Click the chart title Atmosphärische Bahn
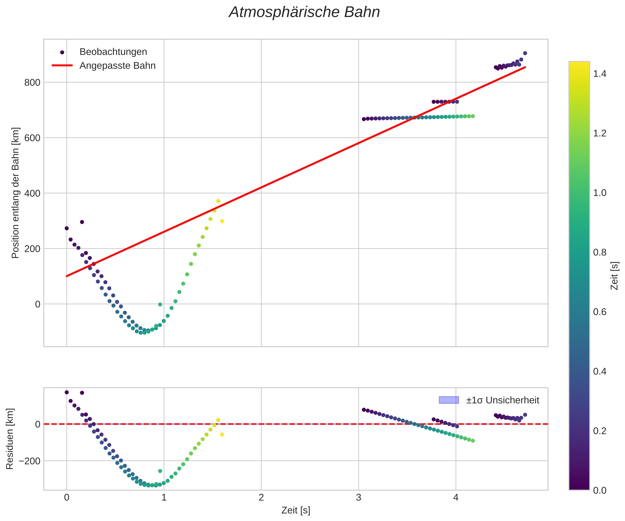304,13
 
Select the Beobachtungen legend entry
113,52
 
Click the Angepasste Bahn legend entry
117,66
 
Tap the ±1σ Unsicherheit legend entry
502,400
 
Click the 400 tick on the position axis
32,193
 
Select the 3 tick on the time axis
359,498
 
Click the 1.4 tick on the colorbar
599,74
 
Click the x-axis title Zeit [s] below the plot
296,510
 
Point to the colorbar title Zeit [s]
615,276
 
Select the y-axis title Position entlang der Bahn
16,193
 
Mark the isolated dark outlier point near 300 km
82,222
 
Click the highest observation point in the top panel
525,53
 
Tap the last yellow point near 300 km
222,221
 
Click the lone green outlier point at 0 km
160,304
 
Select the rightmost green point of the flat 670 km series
473,116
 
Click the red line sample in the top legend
62,66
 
